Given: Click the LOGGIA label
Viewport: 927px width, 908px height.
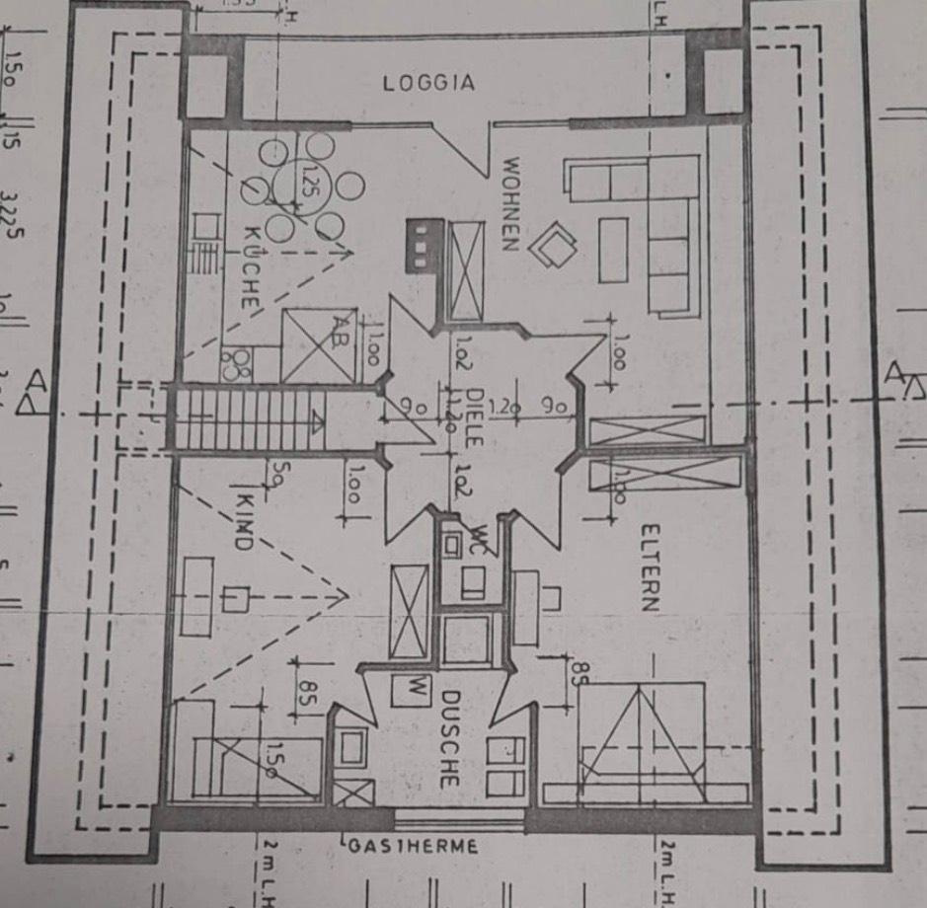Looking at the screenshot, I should (x=428, y=83).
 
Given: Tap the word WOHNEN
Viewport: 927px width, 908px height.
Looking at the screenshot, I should (x=510, y=204).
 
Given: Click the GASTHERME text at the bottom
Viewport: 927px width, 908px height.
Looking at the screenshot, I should (x=412, y=846).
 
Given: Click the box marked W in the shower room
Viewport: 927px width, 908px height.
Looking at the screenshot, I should (x=415, y=688).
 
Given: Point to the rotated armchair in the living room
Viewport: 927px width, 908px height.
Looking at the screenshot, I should (x=553, y=244).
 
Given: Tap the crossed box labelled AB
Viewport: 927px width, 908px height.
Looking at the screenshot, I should (x=318, y=345).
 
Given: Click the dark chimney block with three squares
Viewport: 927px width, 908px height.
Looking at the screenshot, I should (x=421, y=244).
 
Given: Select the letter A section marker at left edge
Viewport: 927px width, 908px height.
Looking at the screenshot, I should (x=36, y=380).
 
